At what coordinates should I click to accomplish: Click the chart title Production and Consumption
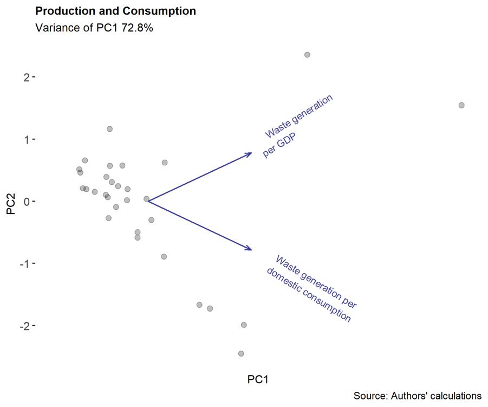[x=115, y=11]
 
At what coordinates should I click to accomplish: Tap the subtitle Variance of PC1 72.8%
[x=94, y=28]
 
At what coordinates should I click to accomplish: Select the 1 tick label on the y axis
[x=27, y=139]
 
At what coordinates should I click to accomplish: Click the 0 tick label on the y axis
[x=27, y=202]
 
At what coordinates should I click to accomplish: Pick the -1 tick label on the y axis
[x=25, y=263]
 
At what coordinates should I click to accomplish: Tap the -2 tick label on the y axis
[x=25, y=326]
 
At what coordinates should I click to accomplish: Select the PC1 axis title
[x=258, y=379]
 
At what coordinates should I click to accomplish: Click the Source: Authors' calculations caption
[x=418, y=396]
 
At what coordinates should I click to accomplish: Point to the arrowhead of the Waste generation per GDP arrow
[x=251, y=153]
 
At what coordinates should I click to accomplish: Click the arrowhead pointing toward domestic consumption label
[x=251, y=249]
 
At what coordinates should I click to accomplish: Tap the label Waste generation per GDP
[x=298, y=126]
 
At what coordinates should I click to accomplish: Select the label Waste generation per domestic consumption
[x=312, y=288]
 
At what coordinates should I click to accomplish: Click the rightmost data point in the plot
[x=461, y=105]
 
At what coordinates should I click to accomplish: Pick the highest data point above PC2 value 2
[x=307, y=55]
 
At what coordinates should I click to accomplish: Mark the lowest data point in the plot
[x=241, y=353]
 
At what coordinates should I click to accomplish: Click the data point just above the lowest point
[x=244, y=325]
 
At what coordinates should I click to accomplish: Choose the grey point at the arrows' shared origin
[x=146, y=199]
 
